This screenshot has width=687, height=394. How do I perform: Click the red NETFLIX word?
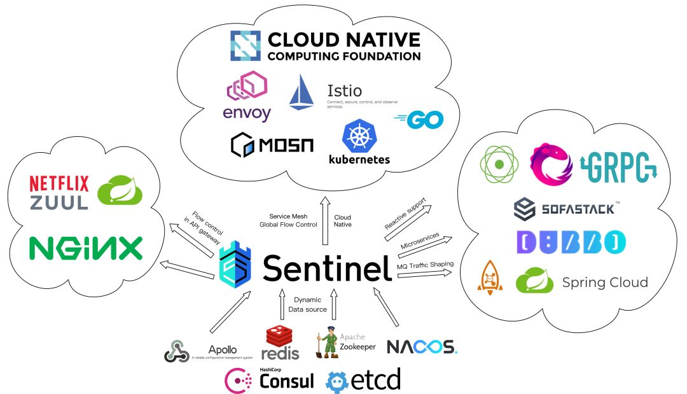click(x=59, y=183)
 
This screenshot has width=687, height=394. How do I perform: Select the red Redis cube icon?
click(x=280, y=336)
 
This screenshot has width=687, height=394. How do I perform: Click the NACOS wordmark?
click(x=421, y=347)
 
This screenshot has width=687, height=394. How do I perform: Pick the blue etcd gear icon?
click(x=338, y=381)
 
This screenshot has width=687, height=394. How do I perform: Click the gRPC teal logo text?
click(x=620, y=165)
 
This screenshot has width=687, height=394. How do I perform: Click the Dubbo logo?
click(x=571, y=242)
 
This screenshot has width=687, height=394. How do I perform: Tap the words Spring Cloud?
click(x=605, y=282)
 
